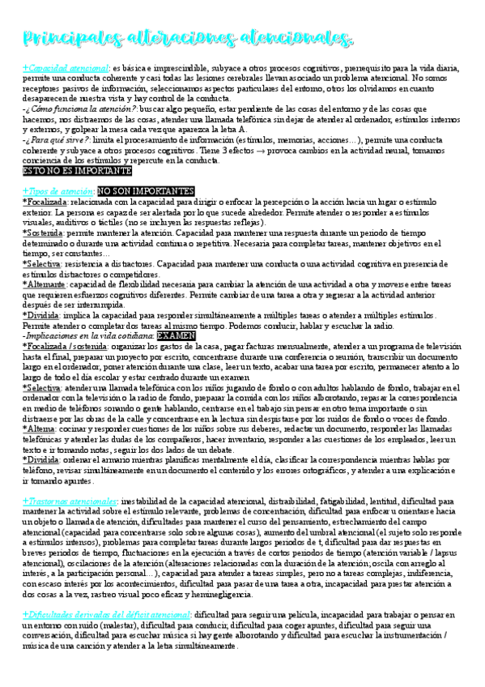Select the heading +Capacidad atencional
(x=66, y=68)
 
